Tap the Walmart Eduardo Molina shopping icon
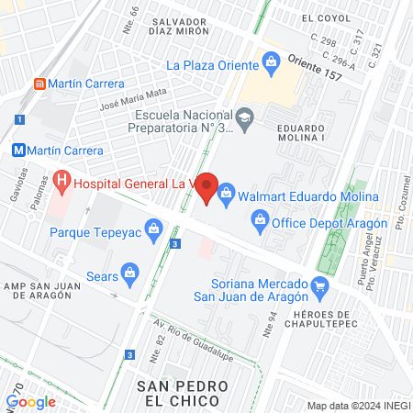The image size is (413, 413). [226, 195]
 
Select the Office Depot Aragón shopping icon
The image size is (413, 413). [261, 219]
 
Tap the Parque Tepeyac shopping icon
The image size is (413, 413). [153, 229]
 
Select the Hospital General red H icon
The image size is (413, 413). [61, 182]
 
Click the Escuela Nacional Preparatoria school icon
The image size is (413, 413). [245, 117]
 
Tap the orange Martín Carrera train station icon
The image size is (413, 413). [39, 84]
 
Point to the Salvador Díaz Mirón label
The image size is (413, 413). [190, 27]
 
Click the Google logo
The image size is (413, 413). [31, 401]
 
